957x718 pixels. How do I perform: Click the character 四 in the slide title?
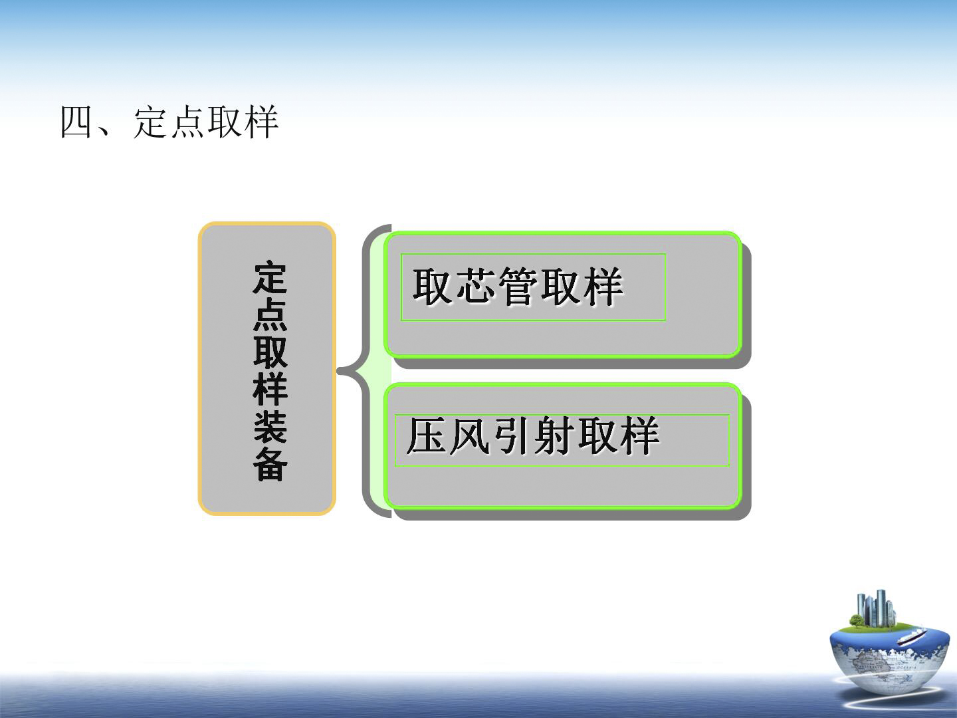[76, 122]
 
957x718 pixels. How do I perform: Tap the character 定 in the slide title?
[150, 122]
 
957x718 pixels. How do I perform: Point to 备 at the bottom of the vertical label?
[270, 465]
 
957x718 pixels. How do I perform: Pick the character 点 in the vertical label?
[270, 314]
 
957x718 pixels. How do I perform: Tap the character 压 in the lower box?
[425, 435]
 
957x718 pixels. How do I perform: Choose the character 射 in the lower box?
[554, 435]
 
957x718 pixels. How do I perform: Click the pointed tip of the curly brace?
[338, 372]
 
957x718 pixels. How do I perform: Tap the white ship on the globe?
[912, 637]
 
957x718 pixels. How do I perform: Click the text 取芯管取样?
[518, 286]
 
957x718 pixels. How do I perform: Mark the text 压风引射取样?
[533, 435]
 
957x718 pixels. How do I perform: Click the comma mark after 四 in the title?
[103, 132]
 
